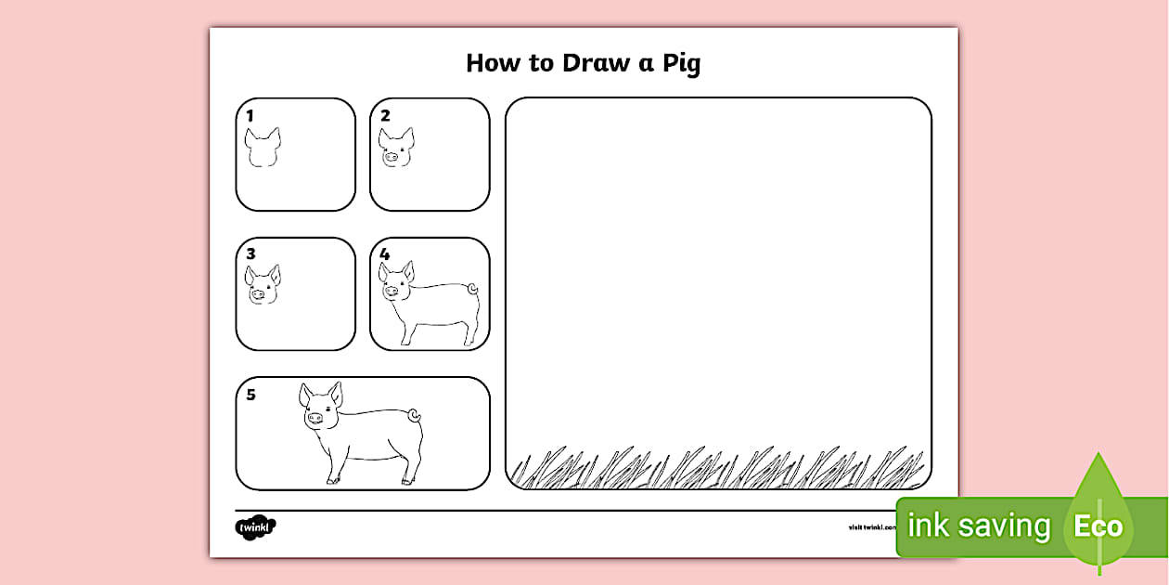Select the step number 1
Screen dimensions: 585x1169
[x=250, y=116]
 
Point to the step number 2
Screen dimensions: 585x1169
[x=385, y=116]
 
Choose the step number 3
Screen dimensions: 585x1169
[x=250, y=253]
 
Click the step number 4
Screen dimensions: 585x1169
[x=385, y=253]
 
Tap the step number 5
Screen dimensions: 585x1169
[x=250, y=395]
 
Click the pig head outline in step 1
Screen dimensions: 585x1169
[x=263, y=148]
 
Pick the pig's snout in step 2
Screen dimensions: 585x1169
[x=391, y=158]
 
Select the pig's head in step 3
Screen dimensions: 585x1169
[x=263, y=285]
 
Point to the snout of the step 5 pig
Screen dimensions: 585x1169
[x=315, y=418]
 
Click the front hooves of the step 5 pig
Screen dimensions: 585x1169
[x=334, y=480]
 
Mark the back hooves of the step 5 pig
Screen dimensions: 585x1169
[x=408, y=480]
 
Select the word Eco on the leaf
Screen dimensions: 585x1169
[x=1098, y=527]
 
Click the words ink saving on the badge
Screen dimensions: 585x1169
[x=978, y=526]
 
